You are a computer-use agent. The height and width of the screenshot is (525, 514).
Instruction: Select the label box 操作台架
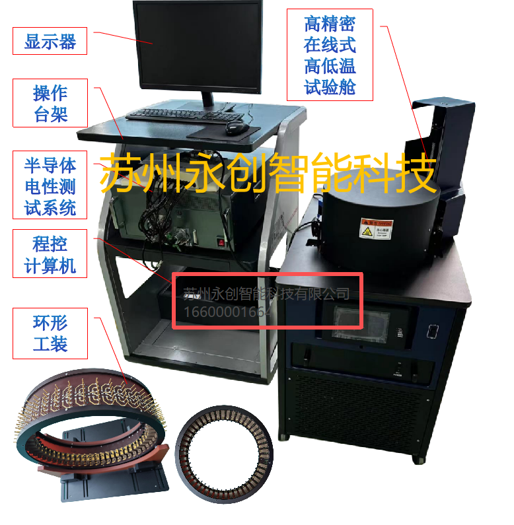click(50, 103)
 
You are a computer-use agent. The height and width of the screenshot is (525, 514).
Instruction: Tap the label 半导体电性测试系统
click(50, 186)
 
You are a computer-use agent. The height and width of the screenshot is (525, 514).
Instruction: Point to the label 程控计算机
click(50, 254)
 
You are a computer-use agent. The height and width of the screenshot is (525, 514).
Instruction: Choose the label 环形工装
click(50, 333)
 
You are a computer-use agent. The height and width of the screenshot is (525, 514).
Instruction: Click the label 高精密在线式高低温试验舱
click(330, 55)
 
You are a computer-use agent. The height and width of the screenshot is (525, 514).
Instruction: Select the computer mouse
click(236, 127)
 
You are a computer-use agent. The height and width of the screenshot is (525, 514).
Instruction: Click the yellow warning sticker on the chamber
click(375, 228)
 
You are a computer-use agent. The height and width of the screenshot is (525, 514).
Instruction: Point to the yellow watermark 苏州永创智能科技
click(268, 173)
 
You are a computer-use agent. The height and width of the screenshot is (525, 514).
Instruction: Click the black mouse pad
click(225, 131)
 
